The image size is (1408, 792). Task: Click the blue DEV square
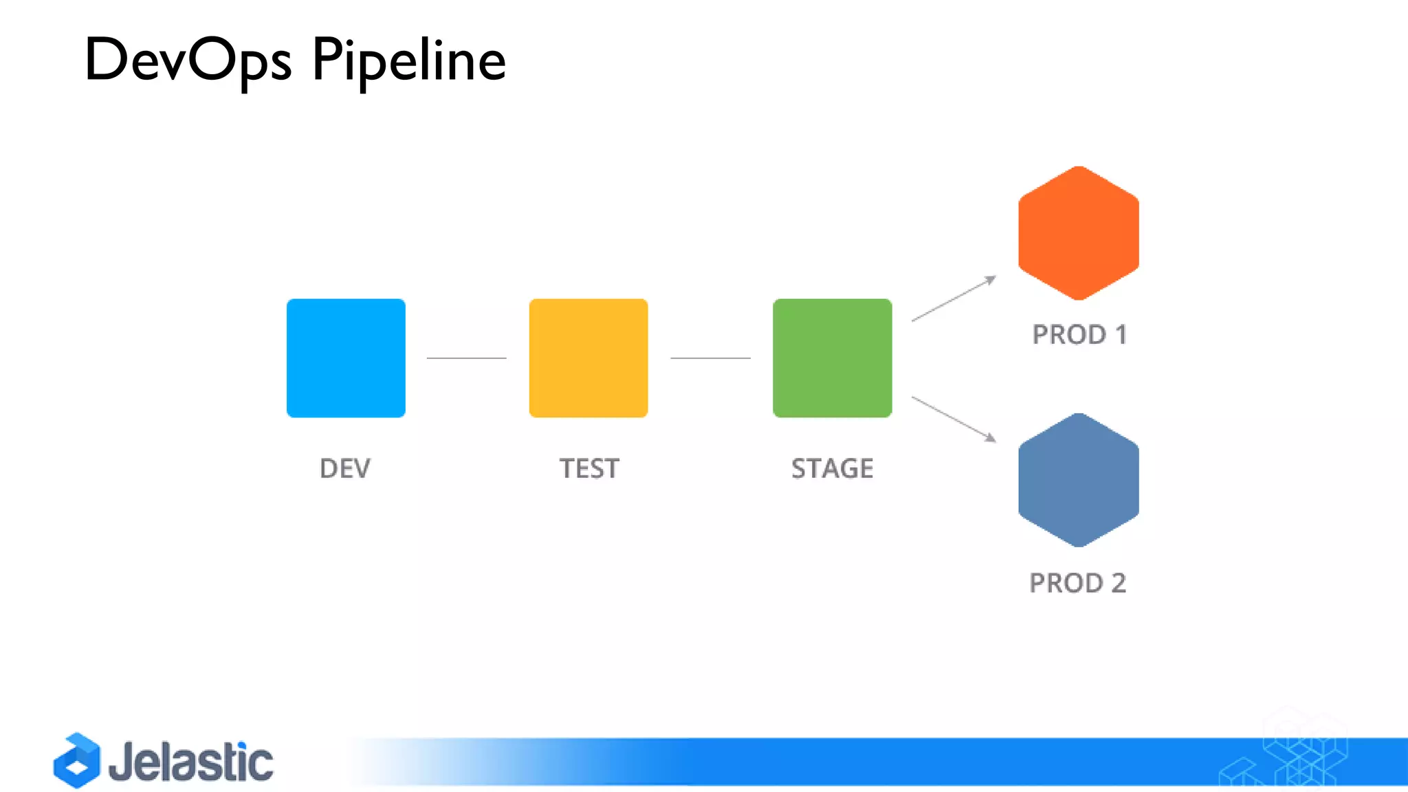coord(346,357)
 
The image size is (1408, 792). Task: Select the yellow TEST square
coord(588,357)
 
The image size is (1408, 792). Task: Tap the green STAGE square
coord(833,357)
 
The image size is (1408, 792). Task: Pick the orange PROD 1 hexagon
coord(1078,233)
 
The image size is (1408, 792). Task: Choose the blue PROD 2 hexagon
coord(1078,480)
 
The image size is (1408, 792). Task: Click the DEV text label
coord(345,469)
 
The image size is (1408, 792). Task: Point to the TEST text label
coord(589,469)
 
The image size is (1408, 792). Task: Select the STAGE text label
coord(833,469)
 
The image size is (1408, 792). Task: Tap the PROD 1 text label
coord(1079,335)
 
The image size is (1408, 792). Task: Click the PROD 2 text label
coord(1077,583)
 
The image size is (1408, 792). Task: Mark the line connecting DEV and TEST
coord(466,358)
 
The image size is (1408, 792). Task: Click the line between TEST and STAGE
coord(710,358)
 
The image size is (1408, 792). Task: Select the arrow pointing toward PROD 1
coord(954,298)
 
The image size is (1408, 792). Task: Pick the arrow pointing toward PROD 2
coord(954,419)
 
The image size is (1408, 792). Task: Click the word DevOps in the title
coord(188,60)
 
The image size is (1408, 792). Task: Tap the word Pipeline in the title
coord(409,60)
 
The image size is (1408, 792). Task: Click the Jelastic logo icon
coord(77,760)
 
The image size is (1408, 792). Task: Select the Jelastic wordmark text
coord(191,762)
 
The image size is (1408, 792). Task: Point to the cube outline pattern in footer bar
coord(1292,756)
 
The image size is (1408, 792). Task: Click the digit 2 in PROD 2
coord(1119,583)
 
